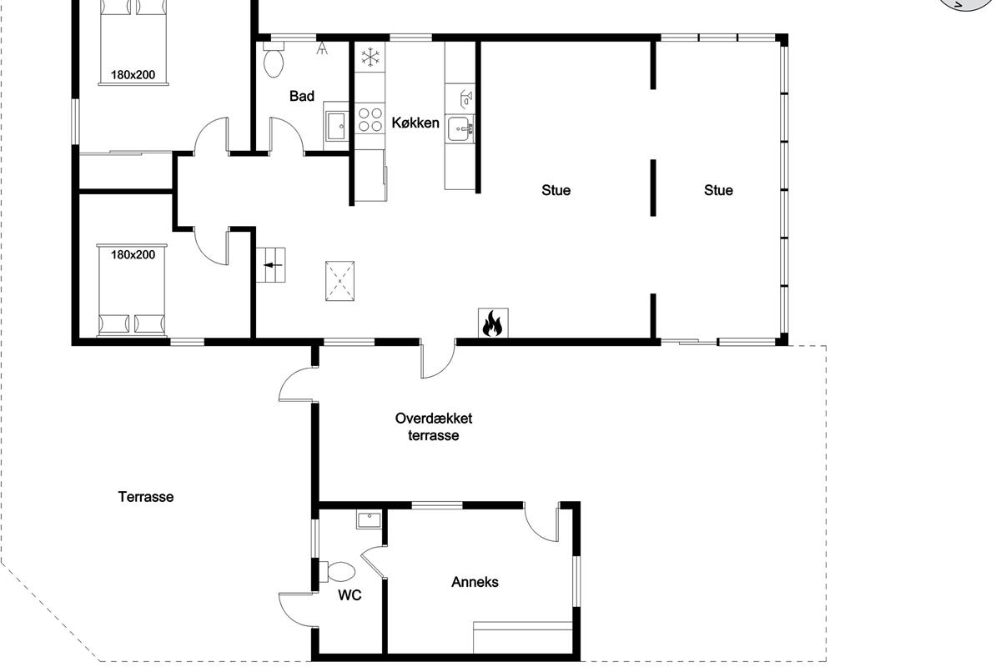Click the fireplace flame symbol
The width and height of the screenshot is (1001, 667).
[492, 323]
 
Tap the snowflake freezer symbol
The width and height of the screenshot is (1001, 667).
[370, 58]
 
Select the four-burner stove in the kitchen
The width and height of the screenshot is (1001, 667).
[370, 120]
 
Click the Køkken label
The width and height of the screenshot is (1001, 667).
[415, 123]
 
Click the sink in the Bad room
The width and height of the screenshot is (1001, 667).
[335, 126]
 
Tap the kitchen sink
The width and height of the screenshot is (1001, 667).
[460, 129]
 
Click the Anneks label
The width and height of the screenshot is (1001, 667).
[475, 582]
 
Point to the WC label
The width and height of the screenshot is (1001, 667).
[350, 595]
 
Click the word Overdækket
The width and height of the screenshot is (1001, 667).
[434, 419]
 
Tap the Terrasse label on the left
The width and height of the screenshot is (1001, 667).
[146, 497]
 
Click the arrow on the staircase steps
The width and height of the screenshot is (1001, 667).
[273, 265]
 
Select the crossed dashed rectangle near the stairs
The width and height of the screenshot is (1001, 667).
[340, 281]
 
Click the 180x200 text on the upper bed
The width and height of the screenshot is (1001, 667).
[133, 74]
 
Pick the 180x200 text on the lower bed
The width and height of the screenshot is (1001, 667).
[133, 254]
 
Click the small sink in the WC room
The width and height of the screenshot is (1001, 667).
[369, 520]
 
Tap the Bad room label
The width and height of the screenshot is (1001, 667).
[302, 96]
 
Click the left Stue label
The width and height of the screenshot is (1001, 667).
[556, 190]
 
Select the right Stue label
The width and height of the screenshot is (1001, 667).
[718, 190]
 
